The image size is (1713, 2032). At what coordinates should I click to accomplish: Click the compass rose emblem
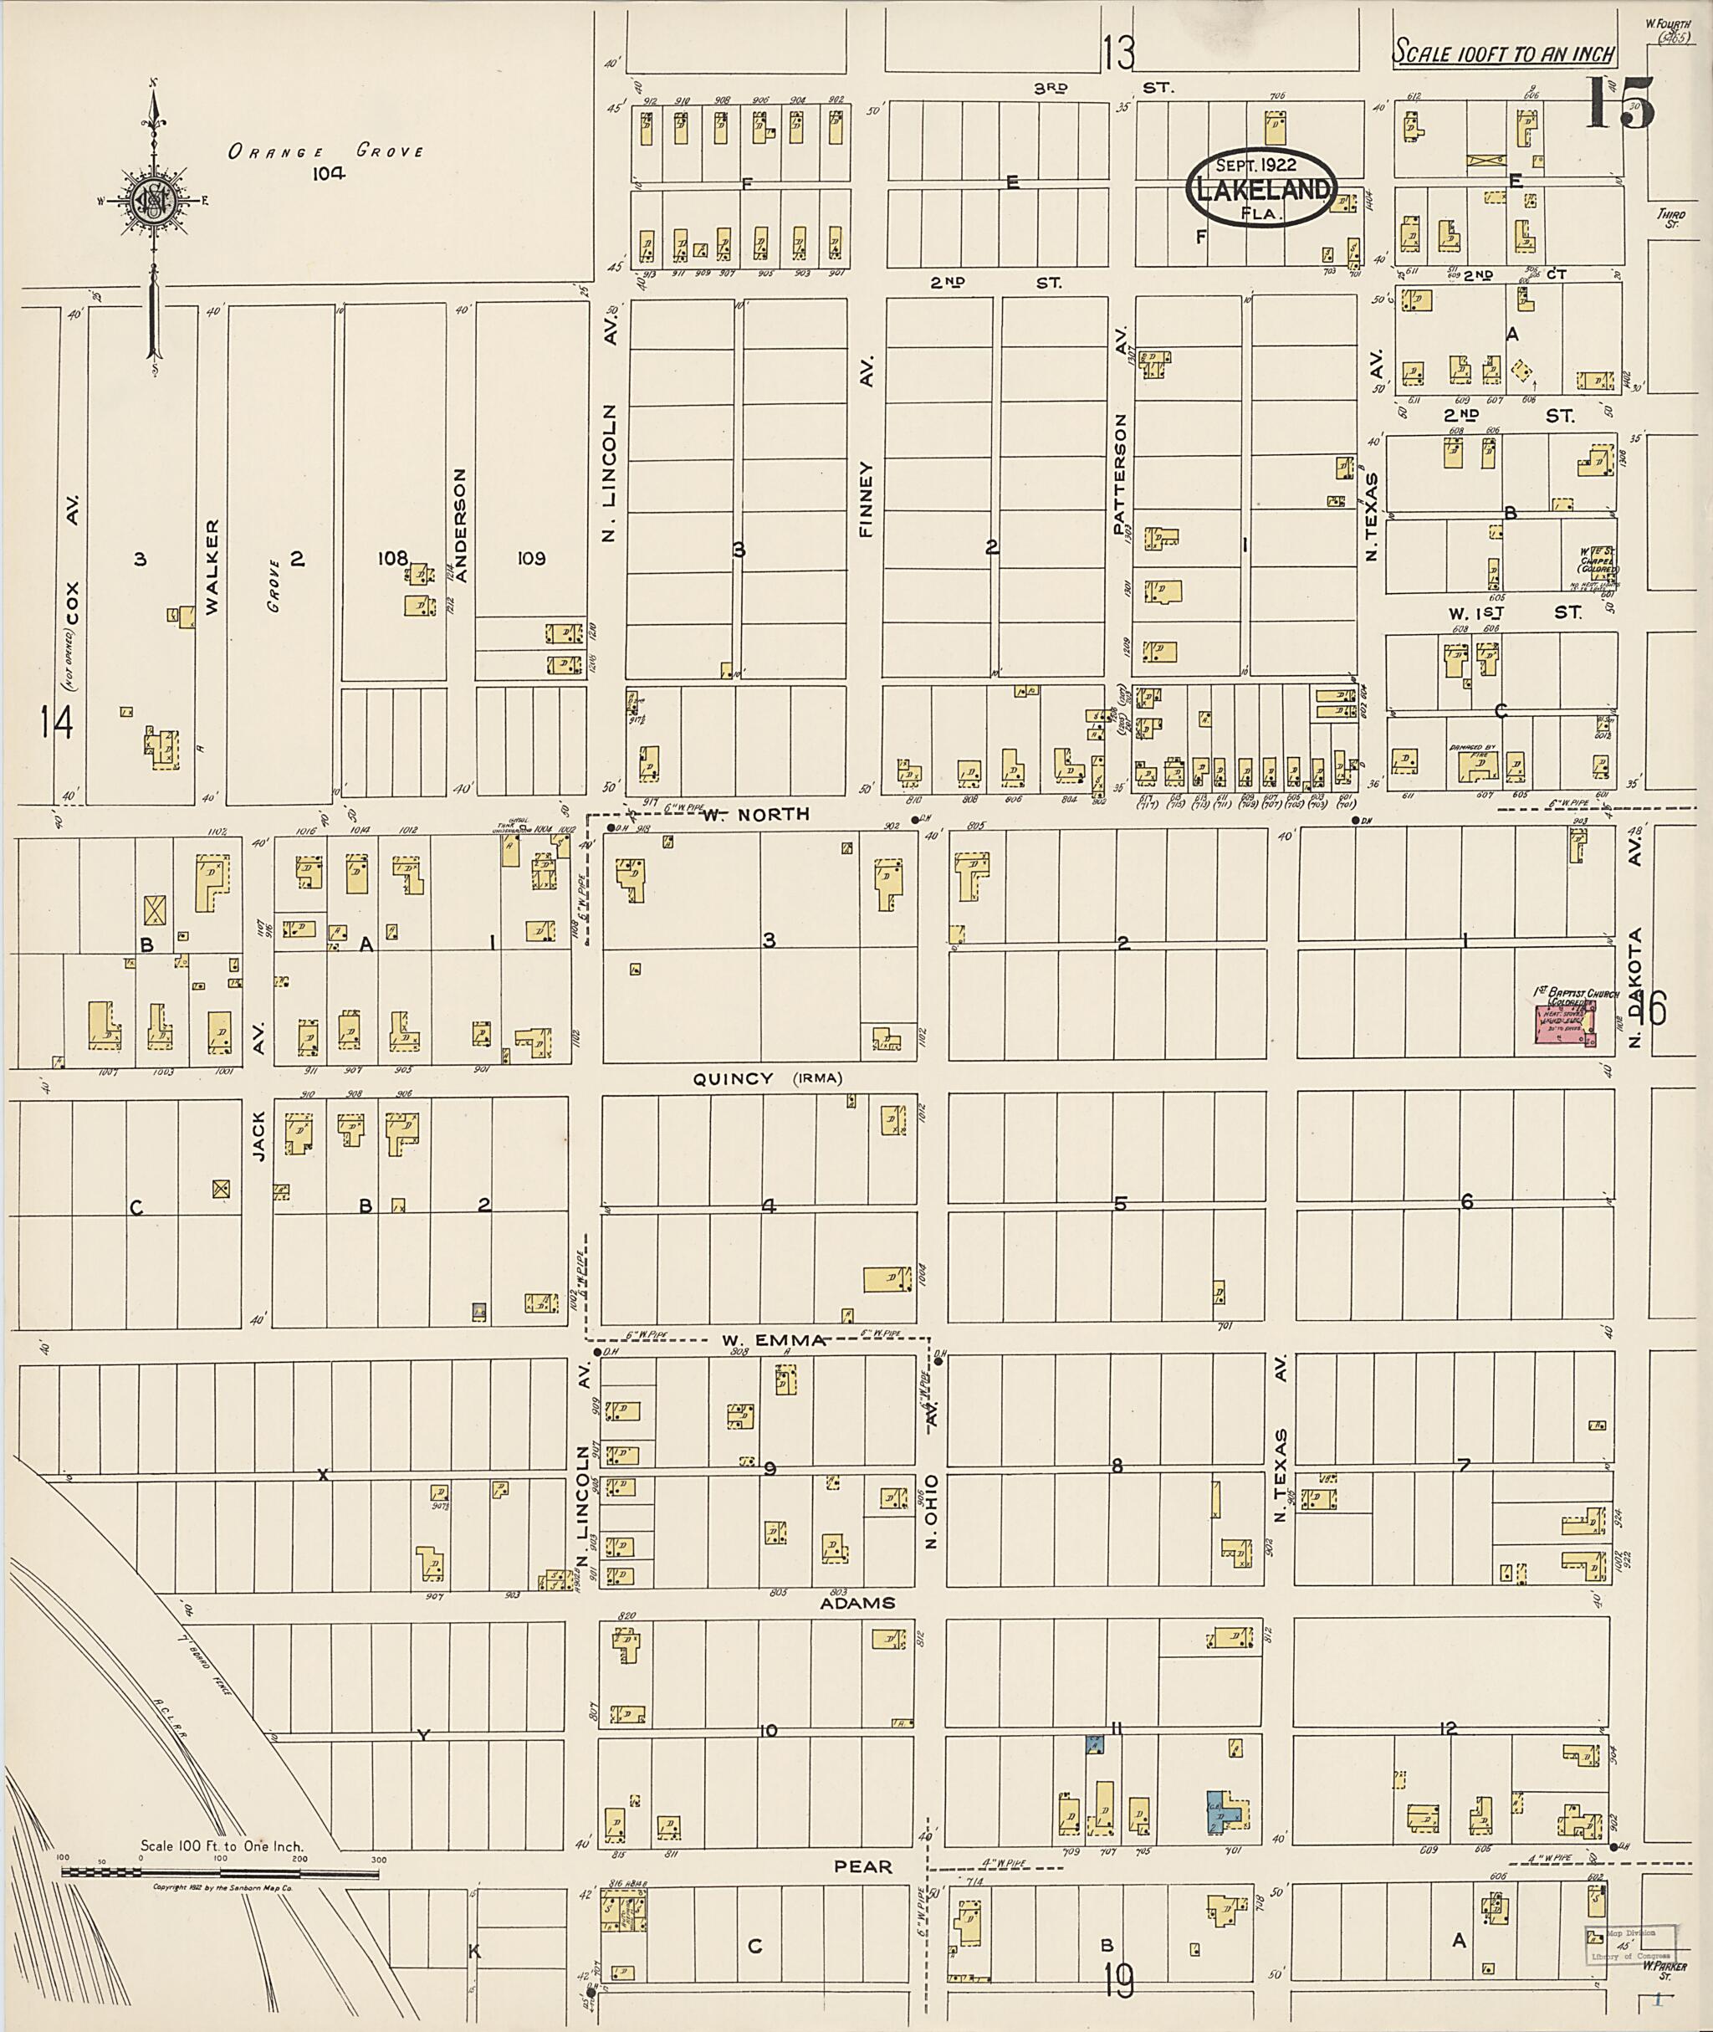coord(152,201)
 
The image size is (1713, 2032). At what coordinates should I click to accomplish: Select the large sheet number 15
coord(1620,104)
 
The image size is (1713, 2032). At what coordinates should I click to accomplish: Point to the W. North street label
coord(755,814)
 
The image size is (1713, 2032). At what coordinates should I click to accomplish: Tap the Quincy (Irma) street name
coord(767,1078)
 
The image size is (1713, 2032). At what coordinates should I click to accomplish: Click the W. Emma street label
coord(773,1340)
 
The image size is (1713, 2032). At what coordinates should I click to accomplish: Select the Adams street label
coord(856,1603)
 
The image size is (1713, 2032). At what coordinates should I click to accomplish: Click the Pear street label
coord(862,1867)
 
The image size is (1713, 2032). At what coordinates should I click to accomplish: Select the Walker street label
coord(212,566)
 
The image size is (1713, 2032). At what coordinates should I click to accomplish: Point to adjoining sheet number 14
coord(56,722)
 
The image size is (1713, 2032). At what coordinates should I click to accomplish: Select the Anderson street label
coord(461,525)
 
